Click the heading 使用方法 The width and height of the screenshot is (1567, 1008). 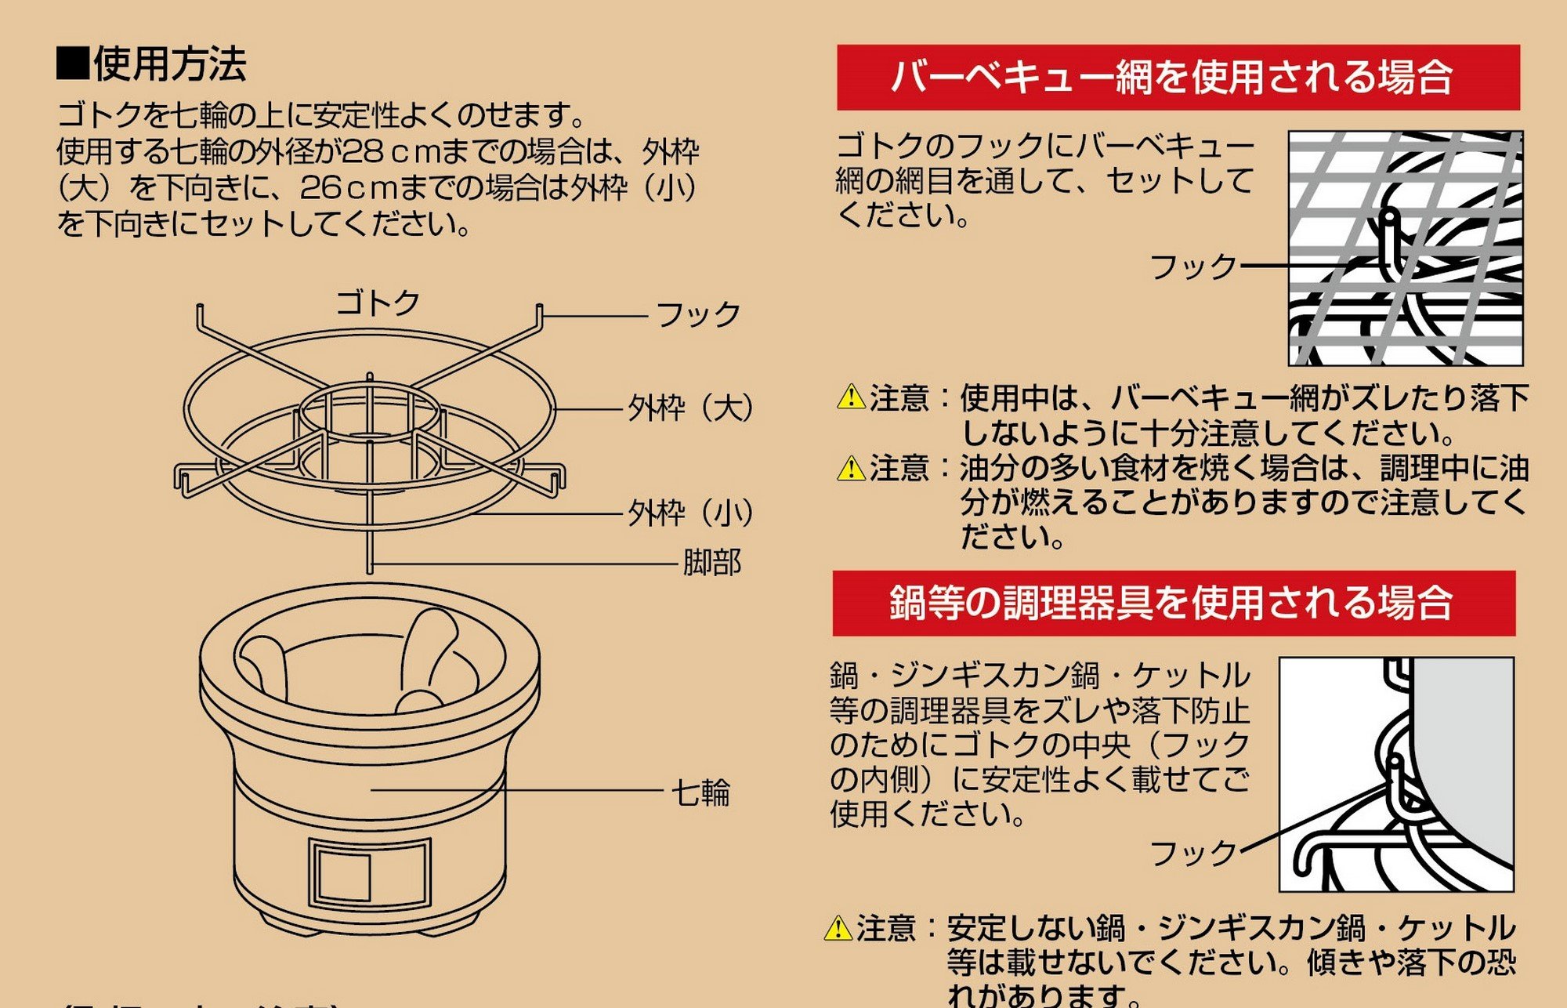tap(169, 64)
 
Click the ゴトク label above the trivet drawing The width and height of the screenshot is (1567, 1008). tap(378, 303)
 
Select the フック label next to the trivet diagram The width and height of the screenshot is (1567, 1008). tap(698, 315)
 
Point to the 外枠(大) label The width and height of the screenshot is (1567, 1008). tap(690, 408)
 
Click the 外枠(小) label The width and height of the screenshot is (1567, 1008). tap(690, 514)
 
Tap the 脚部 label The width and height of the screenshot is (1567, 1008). tap(711, 563)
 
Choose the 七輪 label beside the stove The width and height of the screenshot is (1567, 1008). tap(700, 792)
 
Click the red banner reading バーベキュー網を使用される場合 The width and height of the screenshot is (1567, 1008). tap(1178, 78)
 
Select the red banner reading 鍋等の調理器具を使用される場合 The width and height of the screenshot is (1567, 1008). tap(1173, 604)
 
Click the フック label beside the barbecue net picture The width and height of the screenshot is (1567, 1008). tap(1192, 267)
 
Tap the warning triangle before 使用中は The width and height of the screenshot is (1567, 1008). tap(851, 397)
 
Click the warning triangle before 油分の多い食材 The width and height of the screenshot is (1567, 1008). tap(851, 468)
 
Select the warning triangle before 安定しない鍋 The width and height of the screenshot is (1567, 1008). tap(838, 928)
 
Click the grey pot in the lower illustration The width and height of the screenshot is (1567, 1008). tap(1465, 752)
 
